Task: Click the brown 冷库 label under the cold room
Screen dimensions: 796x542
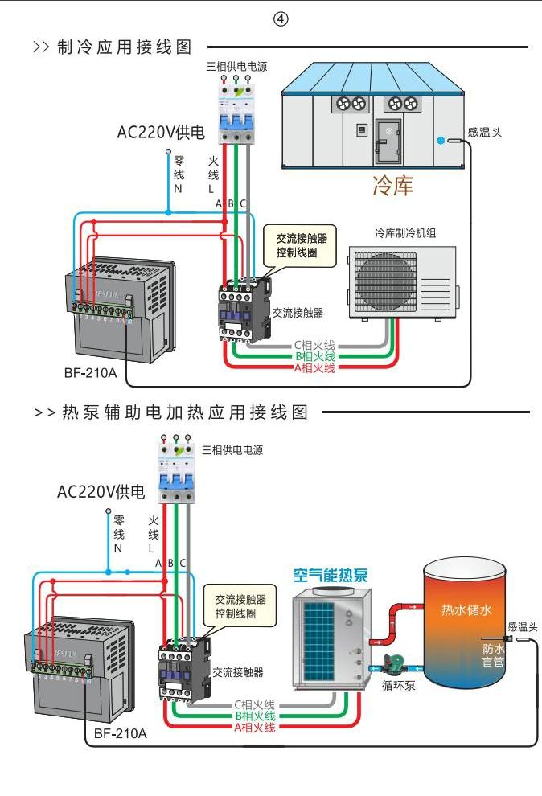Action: tap(392, 187)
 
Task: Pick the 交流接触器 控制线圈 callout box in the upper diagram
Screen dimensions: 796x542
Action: tap(301, 245)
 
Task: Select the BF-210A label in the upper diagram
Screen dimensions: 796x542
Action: tap(90, 373)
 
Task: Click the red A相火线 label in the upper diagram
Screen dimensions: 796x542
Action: tap(314, 367)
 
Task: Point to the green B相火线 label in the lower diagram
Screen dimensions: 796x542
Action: tap(255, 716)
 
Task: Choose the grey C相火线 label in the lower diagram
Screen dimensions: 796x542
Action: tap(255, 704)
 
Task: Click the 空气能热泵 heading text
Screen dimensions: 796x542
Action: tap(331, 576)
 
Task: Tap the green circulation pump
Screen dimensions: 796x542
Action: tap(394, 665)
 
